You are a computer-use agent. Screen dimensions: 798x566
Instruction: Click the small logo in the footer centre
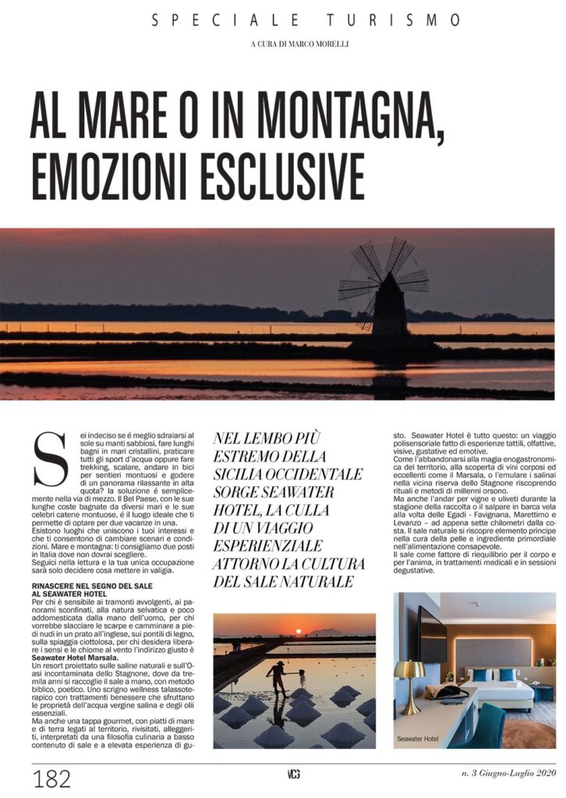tap(293, 774)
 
